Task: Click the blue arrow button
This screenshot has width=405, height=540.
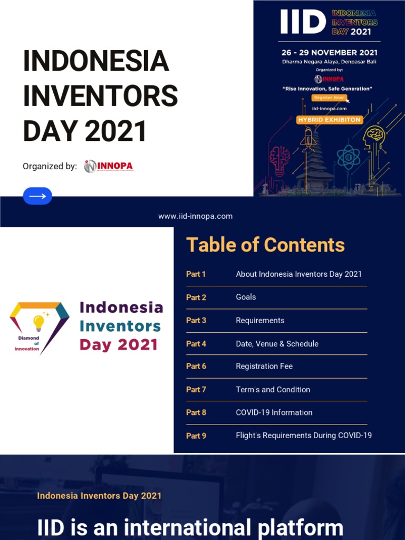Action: [x=37, y=196]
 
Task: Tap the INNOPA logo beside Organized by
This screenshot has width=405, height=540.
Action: [x=109, y=166]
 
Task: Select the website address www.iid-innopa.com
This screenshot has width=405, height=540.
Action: [x=195, y=216]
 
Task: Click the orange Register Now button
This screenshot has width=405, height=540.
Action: [x=329, y=98]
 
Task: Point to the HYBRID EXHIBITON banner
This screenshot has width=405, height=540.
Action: [x=329, y=120]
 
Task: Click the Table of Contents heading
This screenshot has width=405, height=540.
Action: [x=265, y=245]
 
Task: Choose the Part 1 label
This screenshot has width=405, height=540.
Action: [x=196, y=274]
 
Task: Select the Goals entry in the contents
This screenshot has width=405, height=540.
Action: [x=246, y=297]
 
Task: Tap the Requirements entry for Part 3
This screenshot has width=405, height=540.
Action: [x=260, y=320]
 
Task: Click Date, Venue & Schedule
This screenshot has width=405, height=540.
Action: [x=277, y=343]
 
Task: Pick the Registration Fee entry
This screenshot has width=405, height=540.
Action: [x=264, y=366]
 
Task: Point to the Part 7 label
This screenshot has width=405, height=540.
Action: [x=196, y=389]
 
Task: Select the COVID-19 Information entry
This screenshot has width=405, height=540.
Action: [x=274, y=412]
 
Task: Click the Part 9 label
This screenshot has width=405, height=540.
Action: [x=196, y=436]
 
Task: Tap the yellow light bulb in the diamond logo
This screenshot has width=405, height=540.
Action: [x=38, y=322]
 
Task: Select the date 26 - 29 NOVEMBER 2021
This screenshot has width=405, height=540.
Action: [x=329, y=53]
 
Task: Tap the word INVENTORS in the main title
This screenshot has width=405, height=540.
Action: [x=100, y=97]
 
